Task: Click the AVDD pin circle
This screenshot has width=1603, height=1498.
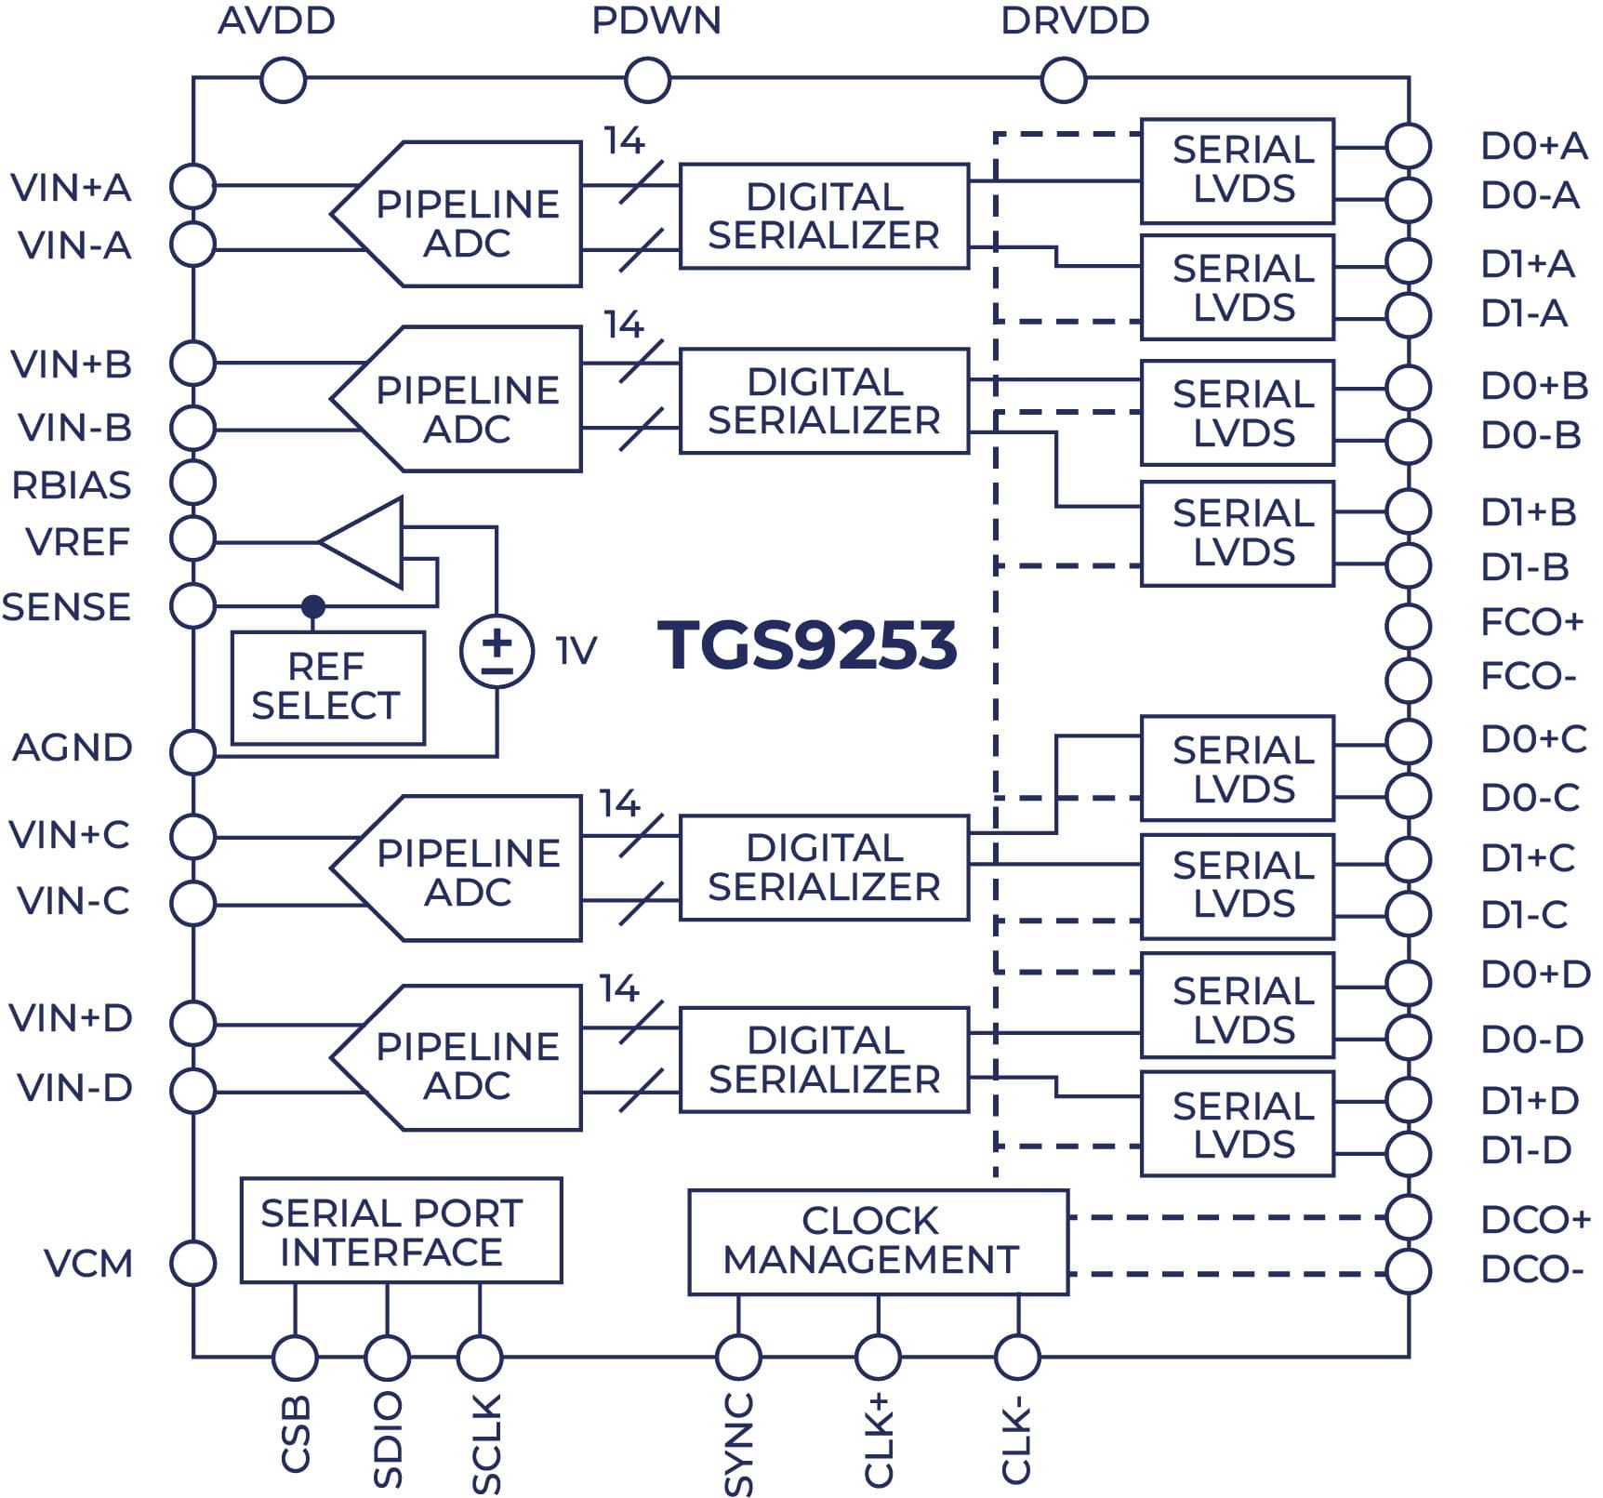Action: (x=284, y=81)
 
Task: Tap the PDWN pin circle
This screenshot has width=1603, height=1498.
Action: (x=647, y=81)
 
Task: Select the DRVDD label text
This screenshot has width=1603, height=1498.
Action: (x=1075, y=21)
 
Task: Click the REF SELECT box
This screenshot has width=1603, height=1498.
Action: (x=327, y=687)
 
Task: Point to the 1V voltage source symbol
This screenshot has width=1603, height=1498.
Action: (x=497, y=650)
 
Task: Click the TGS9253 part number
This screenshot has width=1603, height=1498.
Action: (x=807, y=644)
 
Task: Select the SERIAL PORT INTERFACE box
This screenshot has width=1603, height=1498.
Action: (x=401, y=1231)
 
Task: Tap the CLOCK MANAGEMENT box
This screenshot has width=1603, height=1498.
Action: (x=878, y=1241)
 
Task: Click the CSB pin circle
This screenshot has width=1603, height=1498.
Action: (x=295, y=1359)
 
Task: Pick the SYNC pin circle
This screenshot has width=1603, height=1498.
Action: (x=738, y=1359)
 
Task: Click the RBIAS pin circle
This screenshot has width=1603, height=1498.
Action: (x=193, y=483)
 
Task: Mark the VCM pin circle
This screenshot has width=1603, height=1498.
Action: (x=193, y=1263)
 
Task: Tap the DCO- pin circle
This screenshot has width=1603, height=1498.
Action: (x=1408, y=1271)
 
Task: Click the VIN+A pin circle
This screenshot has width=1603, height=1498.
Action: (x=193, y=186)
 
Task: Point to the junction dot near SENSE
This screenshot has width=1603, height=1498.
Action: (x=314, y=606)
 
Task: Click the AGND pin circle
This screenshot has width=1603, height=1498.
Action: (x=193, y=751)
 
